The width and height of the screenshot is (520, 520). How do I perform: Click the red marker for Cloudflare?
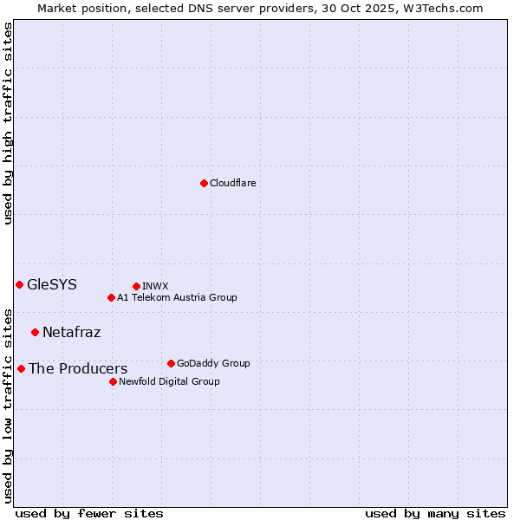pyautogui.click(x=204, y=183)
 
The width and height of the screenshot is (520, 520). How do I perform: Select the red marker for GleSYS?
pyautogui.click(x=19, y=284)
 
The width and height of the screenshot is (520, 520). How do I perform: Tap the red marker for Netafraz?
pyautogui.click(x=35, y=332)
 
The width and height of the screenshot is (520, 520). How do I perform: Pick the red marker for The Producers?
pyautogui.click(x=21, y=368)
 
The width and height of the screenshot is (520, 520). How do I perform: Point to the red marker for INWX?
pyautogui.click(x=136, y=286)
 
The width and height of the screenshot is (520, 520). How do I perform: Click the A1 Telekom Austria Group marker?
pyautogui.click(x=111, y=297)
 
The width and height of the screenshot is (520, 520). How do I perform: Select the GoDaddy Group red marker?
pyautogui.click(x=171, y=363)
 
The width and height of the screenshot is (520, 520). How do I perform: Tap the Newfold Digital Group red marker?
pyautogui.click(x=113, y=381)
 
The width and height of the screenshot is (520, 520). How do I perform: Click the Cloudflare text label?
pyautogui.click(x=232, y=183)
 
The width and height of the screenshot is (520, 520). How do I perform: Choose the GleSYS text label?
pyautogui.click(x=52, y=284)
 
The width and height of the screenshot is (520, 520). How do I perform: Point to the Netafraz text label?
pyautogui.click(x=71, y=332)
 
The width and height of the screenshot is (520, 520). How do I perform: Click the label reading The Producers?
pyautogui.click(x=78, y=368)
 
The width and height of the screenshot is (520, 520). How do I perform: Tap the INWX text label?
pyautogui.click(x=155, y=286)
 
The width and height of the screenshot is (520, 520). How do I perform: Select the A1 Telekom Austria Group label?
pyautogui.click(x=177, y=297)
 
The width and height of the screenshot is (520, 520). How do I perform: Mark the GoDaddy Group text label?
pyautogui.click(x=213, y=363)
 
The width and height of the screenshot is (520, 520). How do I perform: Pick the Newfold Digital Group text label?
pyautogui.click(x=169, y=381)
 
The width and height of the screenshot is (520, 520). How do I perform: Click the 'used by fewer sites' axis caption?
pyautogui.click(x=89, y=513)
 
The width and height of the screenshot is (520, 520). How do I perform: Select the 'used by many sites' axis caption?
pyautogui.click(x=435, y=513)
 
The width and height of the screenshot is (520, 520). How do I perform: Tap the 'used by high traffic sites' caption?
pyautogui.click(x=8, y=123)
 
